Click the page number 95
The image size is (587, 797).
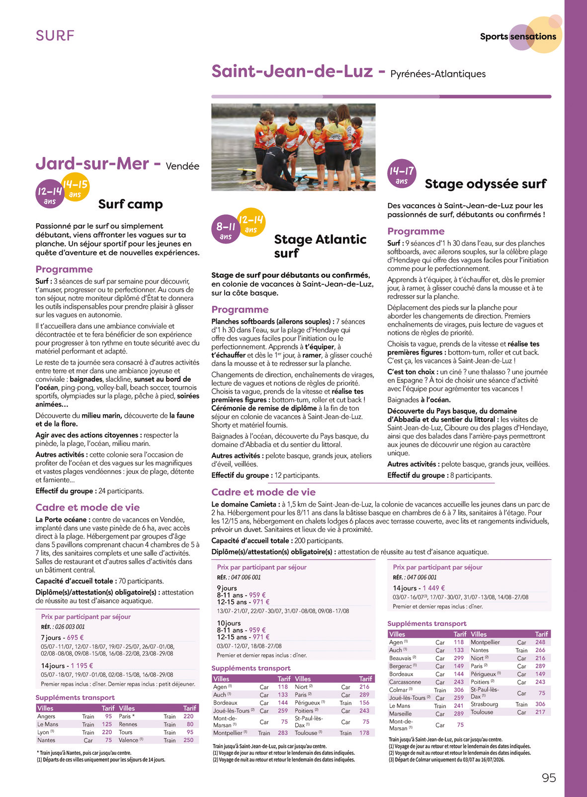coord(549,778)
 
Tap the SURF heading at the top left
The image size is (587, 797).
coord(55,36)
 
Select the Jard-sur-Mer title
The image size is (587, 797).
coord(92,164)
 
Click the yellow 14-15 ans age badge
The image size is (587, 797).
coord(76,188)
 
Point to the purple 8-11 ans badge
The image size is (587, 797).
coord(226,230)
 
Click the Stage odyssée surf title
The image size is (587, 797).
coord(485,184)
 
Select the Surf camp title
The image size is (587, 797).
coord(130,204)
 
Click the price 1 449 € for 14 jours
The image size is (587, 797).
coord(434,588)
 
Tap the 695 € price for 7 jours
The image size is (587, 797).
coord(75,637)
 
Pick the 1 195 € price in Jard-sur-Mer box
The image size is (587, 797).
coord(82,666)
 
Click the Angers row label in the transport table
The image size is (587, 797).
coord(46,716)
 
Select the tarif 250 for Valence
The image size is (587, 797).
coord(188,740)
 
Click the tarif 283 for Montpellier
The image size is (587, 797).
coord(283,733)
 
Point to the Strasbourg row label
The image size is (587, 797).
coord(484,704)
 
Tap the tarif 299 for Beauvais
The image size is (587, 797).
coord(458,658)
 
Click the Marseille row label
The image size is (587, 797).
coord(400,713)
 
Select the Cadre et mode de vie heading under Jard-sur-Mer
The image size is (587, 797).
coord(87,508)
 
